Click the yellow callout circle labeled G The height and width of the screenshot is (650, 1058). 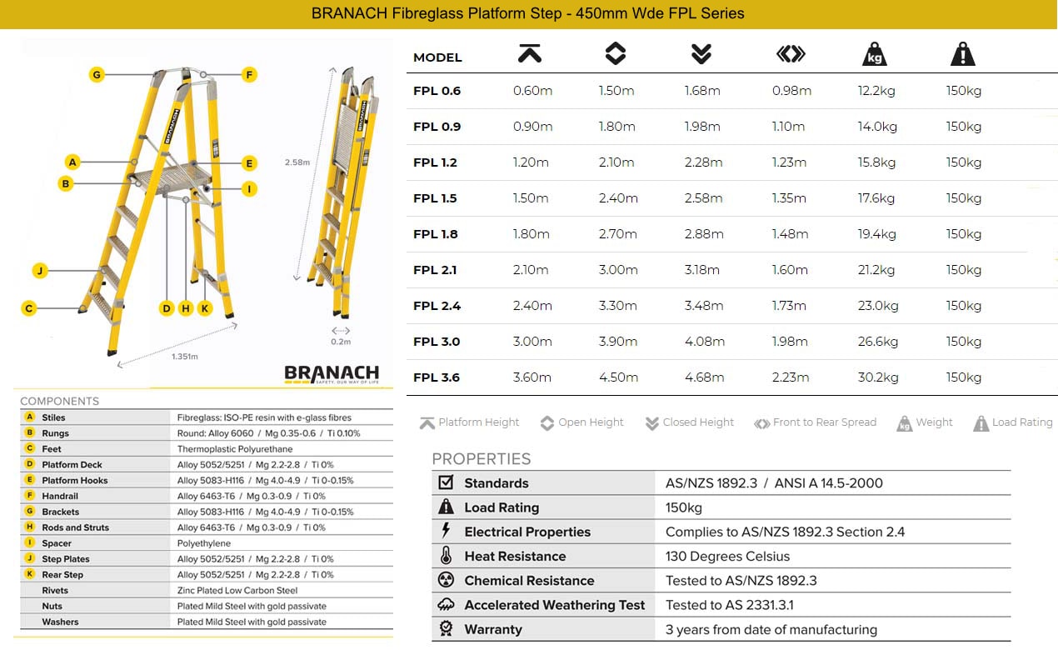pos(97,75)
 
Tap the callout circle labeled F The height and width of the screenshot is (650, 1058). pos(248,75)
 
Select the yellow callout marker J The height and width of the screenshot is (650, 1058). pos(38,271)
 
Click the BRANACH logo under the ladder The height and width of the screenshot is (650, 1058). pos(331,374)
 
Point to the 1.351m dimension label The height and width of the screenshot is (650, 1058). pos(185,357)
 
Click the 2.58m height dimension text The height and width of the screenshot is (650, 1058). pos(297,162)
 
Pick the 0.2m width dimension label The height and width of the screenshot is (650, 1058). pos(341,342)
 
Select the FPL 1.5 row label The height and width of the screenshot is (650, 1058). pos(435,198)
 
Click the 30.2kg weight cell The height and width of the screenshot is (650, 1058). pos(878,377)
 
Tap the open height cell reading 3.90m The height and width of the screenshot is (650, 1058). pos(618,342)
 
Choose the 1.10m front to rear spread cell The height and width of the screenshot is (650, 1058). pos(788,127)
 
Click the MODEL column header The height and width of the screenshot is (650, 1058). pos(437,57)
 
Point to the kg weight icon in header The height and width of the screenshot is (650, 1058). pos(874,55)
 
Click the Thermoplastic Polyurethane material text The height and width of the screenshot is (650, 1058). pos(235,449)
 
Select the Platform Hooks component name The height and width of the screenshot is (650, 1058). pos(75,481)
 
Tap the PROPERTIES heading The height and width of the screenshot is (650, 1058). pos(481,459)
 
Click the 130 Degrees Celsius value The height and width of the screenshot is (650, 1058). pos(727,557)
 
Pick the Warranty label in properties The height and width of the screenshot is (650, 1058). pos(493,630)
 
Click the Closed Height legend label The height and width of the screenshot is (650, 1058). pos(698,422)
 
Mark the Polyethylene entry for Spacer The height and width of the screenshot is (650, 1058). pos(204,543)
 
